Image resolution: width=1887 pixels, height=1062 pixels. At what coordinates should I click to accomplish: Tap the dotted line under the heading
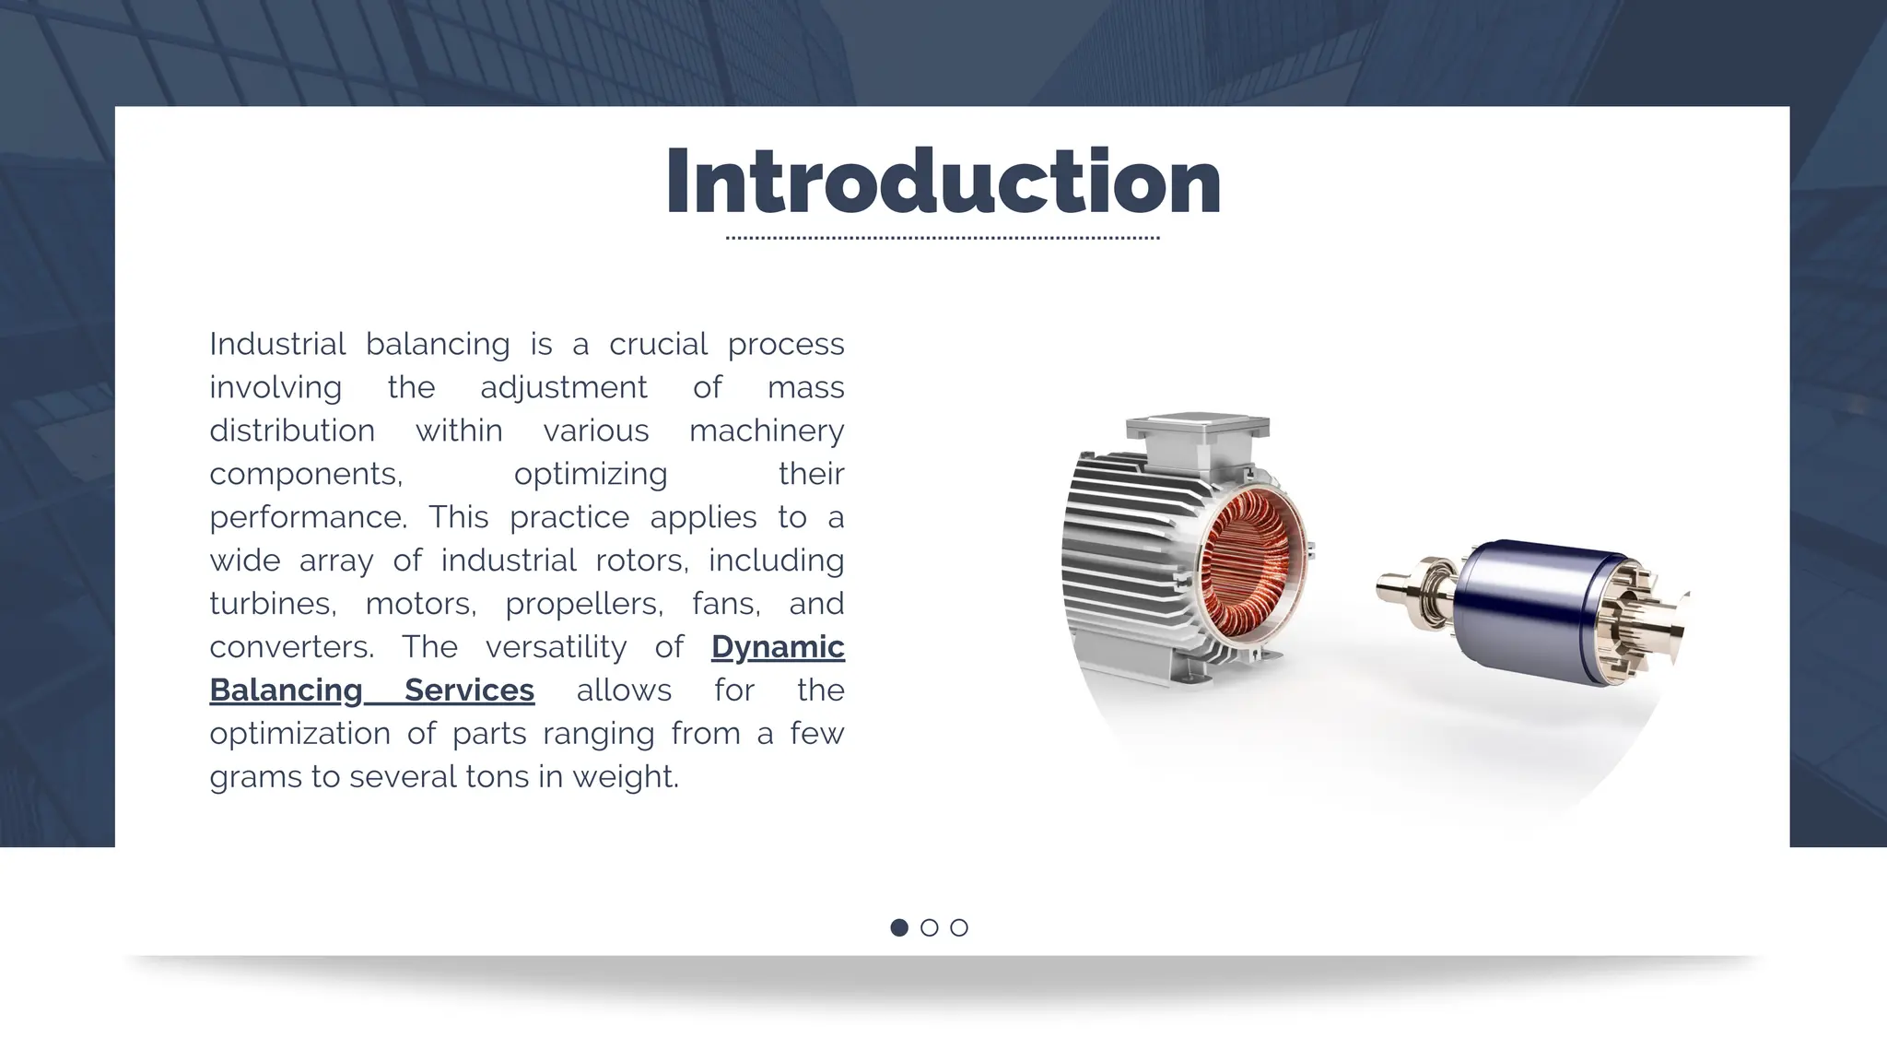pyautogui.click(x=943, y=238)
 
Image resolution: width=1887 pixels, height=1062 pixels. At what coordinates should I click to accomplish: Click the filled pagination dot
pyautogui.click(x=899, y=927)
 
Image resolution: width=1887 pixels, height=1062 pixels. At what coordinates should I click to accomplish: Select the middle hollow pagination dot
pyautogui.click(x=929, y=927)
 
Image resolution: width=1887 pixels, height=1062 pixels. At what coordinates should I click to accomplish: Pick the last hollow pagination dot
pyautogui.click(x=959, y=927)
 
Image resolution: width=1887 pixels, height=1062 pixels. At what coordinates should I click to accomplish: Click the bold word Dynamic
pyautogui.click(x=778, y=647)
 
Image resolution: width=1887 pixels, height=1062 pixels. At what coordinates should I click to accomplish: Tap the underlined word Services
pyautogui.click(x=469, y=690)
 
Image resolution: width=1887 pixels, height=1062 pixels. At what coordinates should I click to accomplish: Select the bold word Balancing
pyautogui.click(x=286, y=690)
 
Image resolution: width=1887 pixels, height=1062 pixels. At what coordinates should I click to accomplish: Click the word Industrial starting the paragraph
pyautogui.click(x=277, y=344)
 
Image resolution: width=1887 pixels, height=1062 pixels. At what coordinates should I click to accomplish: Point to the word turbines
pyautogui.click(x=272, y=604)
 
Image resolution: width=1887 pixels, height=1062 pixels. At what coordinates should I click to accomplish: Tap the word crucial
pyautogui.click(x=658, y=344)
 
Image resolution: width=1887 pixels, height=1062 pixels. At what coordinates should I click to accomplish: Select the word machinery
pyautogui.click(x=767, y=431)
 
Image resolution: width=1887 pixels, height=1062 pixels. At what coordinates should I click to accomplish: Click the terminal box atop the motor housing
pyautogui.click(x=1197, y=432)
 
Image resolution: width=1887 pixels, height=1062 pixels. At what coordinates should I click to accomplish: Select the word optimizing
pyautogui.click(x=591, y=474)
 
